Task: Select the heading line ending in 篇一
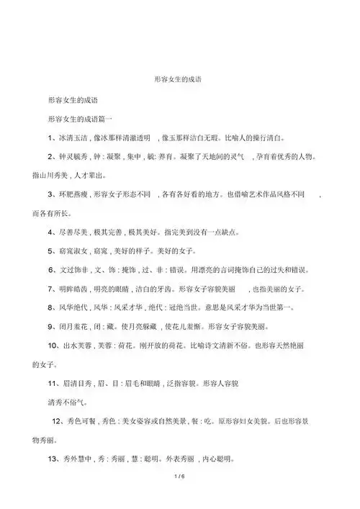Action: coord(80,116)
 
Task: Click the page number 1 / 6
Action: coord(179,477)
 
